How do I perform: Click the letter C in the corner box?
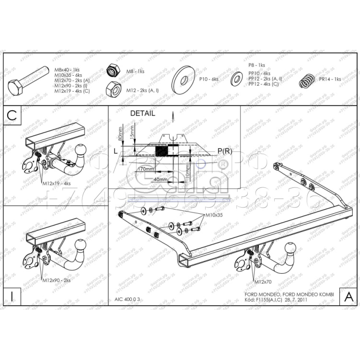12,116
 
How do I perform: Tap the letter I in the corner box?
12,296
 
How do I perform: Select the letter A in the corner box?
348,296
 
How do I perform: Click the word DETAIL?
143,114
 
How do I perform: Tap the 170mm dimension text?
146,169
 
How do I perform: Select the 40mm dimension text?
161,179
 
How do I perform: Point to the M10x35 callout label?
214,215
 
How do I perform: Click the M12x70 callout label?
263,282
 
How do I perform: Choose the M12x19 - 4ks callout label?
56,184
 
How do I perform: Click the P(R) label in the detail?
225,151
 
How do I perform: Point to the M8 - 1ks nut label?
135,71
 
